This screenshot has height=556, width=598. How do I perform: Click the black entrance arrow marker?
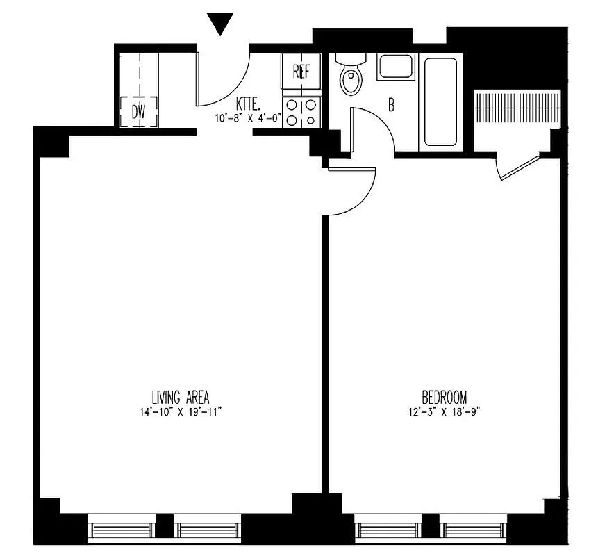click(221, 25)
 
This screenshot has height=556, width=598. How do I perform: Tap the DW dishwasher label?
click(139, 112)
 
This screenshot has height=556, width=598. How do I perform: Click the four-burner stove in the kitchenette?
click(301, 113)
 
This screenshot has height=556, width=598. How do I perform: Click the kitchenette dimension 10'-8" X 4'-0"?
click(248, 117)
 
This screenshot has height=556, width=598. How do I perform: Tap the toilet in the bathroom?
click(351, 76)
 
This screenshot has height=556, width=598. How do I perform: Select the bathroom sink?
click(396, 67)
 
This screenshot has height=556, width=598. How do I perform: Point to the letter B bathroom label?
click(391, 106)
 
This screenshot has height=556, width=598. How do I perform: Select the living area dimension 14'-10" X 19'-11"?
click(179, 411)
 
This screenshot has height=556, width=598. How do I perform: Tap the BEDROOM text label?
click(445, 398)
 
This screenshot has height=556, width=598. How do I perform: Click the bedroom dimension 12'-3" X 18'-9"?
click(445, 411)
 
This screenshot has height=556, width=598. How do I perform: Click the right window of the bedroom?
click(468, 530)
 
